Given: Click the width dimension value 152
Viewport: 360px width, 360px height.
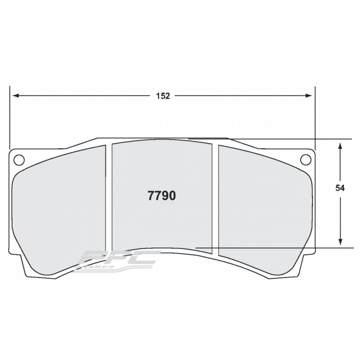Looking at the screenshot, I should pos(163,96).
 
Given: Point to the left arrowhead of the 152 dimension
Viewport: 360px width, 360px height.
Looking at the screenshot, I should pos(14,96).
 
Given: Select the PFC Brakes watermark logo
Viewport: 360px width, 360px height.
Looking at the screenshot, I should pos(119,261).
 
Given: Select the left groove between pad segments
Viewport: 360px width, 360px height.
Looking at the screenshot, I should pos(108,198).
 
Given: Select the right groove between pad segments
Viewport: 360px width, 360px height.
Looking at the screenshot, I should pos(215,198).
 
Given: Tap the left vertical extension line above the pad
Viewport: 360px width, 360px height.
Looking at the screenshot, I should pos(9,117).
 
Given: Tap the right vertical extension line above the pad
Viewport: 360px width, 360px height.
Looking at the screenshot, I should pos(315,117).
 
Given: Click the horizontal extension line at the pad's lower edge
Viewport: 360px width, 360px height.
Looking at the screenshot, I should pos(279,247).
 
